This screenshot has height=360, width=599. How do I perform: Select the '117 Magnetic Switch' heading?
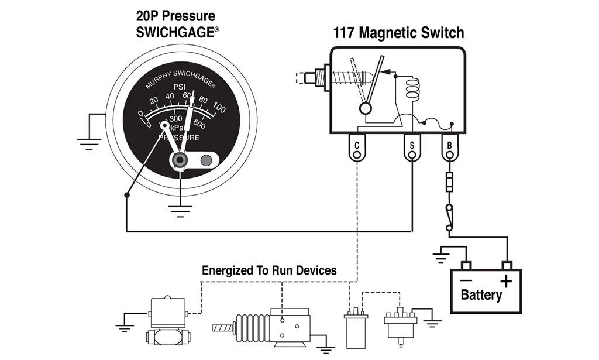pyautogui.click(x=398, y=32)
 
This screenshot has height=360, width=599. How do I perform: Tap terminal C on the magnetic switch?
pyautogui.click(x=356, y=148)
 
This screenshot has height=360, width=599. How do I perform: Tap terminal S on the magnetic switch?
pyautogui.click(x=412, y=148)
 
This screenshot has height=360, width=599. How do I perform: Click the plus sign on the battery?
pyautogui.click(x=506, y=282)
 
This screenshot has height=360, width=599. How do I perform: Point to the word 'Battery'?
pyautogui.click(x=481, y=294)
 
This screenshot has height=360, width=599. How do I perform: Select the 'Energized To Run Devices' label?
pyautogui.click(x=269, y=270)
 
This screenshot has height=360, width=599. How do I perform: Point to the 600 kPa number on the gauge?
pyautogui.click(x=199, y=124)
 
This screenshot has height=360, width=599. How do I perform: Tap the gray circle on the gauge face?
pyautogui.click(x=206, y=160)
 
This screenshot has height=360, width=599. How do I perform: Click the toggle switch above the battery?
pyautogui.click(x=449, y=216)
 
